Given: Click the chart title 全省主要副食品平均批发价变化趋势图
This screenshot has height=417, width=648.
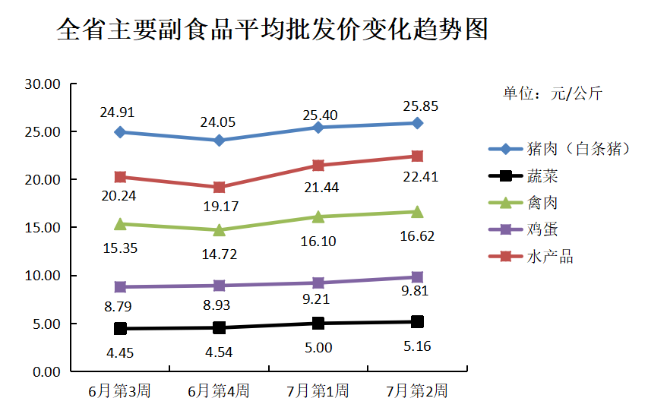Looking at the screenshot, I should (x=272, y=30).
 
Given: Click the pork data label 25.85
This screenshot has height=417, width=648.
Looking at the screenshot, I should (x=420, y=106).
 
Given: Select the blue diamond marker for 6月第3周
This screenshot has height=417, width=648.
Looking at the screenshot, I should (x=120, y=132).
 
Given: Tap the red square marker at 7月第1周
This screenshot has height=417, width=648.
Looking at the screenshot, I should (x=318, y=166).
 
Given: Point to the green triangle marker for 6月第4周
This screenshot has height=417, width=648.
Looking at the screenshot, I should (x=219, y=229).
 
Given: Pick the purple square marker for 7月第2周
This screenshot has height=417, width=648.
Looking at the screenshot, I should (x=417, y=277).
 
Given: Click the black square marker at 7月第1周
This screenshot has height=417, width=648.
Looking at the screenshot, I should (x=318, y=324).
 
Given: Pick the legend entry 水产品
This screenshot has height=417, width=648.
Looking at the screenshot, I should (x=549, y=257).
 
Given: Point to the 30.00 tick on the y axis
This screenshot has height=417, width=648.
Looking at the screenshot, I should (x=43, y=84).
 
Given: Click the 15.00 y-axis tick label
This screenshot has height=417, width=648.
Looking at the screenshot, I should (x=43, y=228).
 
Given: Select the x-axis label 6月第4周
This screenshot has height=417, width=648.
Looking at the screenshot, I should (x=219, y=392).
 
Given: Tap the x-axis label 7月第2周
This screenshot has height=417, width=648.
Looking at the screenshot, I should (x=417, y=392).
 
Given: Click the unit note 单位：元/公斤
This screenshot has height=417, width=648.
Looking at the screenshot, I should (x=552, y=93).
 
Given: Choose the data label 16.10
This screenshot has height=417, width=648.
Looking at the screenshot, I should (x=318, y=242).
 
